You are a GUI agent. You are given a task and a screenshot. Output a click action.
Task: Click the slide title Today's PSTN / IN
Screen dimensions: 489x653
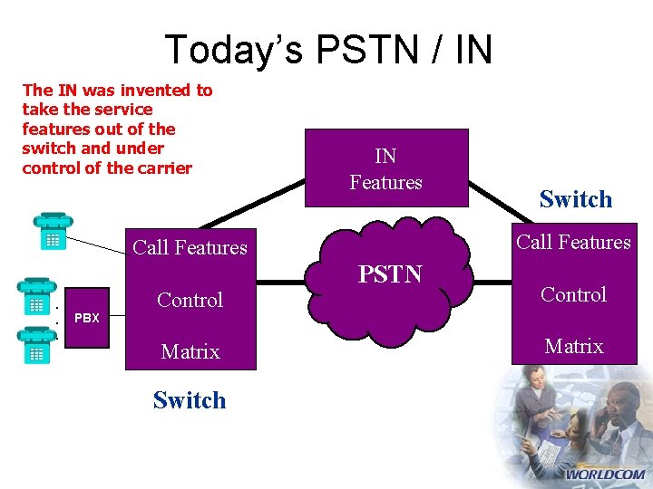click(x=328, y=49)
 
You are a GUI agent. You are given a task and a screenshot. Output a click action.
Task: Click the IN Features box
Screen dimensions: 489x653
click(x=386, y=170)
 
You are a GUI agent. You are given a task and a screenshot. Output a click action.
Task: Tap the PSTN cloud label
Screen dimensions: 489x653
click(x=390, y=273)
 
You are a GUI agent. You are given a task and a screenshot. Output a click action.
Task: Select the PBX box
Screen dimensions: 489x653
click(x=87, y=318)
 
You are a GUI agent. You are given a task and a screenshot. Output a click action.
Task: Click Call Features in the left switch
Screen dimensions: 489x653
click(x=190, y=247)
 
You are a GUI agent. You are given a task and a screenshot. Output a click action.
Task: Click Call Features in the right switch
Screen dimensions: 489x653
click(x=573, y=242)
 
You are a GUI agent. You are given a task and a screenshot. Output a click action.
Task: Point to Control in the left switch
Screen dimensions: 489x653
click(x=190, y=300)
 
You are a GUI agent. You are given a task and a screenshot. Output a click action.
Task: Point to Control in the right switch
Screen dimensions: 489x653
click(x=573, y=294)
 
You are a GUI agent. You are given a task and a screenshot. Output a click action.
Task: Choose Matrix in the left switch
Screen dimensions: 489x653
click(x=190, y=351)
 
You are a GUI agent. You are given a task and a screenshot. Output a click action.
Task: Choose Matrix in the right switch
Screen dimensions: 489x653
click(x=573, y=346)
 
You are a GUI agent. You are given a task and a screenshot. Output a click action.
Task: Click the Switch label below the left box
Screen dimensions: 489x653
click(x=190, y=400)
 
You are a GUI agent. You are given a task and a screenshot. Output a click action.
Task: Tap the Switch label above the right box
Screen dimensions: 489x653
click(x=575, y=199)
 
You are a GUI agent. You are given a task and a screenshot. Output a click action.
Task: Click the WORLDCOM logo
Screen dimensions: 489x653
click(x=605, y=474)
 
